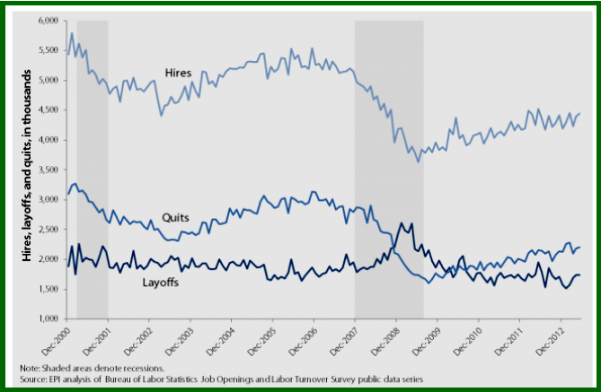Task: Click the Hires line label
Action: (x=180, y=71)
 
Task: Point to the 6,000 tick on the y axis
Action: (x=47, y=20)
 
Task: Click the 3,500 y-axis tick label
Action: (x=47, y=170)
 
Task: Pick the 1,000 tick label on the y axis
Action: (x=47, y=319)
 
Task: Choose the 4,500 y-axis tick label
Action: (x=47, y=109)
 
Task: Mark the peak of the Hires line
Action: (x=71, y=33)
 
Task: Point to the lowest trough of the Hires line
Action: (x=418, y=161)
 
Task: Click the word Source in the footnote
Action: (x=34, y=379)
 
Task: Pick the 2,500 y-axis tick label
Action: (x=47, y=230)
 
